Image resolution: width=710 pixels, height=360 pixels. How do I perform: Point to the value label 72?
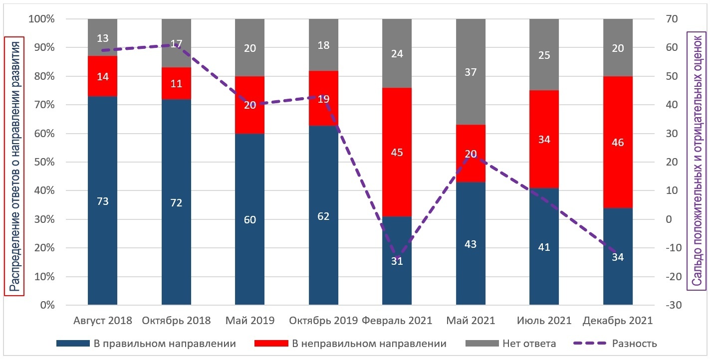click(176, 202)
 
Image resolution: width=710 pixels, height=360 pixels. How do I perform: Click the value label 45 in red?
click(397, 153)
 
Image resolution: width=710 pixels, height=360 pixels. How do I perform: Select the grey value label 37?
click(471, 72)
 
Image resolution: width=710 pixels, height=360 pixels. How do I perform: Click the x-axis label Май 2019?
click(250, 321)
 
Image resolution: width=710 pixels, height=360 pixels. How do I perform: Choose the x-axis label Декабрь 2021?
click(618, 321)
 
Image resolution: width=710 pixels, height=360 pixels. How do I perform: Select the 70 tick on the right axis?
click(667, 19)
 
